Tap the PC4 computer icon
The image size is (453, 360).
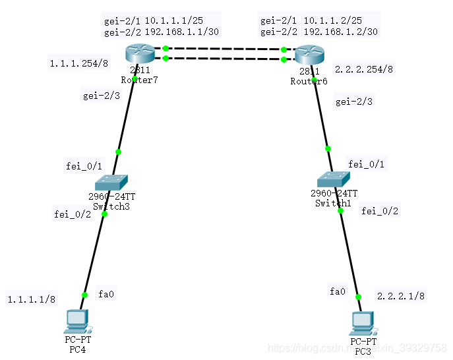[x=78, y=321]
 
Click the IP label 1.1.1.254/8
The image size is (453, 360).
[x=74, y=63]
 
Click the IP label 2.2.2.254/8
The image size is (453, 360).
[x=364, y=69]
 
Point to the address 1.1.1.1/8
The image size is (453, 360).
[x=32, y=299]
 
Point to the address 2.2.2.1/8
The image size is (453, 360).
[x=401, y=296]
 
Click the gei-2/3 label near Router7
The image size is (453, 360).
[x=101, y=96]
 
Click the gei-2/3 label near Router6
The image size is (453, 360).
[x=354, y=102]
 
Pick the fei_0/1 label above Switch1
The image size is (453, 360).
[x=366, y=164]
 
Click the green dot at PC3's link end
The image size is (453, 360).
[x=359, y=297]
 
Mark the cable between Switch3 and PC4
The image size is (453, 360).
[x=94, y=254]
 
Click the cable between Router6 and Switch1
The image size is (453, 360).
[x=322, y=115]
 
